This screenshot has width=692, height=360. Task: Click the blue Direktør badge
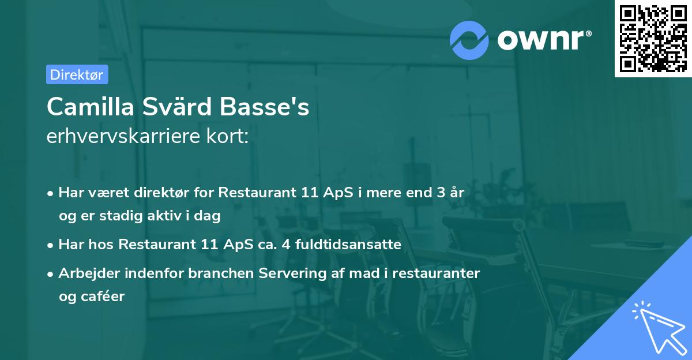[x=77, y=74]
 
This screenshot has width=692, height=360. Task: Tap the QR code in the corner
[x=653, y=39]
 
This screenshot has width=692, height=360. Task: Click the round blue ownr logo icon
[x=469, y=40]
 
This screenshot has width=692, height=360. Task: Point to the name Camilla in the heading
[x=90, y=106]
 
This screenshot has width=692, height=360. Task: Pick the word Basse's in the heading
[x=265, y=106]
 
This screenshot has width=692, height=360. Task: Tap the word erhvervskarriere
[x=123, y=136]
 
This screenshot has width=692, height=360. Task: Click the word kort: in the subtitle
[x=227, y=136]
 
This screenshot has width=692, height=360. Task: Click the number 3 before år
[x=441, y=193]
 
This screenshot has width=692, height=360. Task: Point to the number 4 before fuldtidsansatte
[x=286, y=245]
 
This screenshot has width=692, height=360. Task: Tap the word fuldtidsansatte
[x=348, y=245]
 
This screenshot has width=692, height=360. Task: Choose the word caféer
[x=103, y=297]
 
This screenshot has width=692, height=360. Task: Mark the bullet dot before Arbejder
[x=50, y=274]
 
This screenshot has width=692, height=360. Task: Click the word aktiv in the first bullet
[x=165, y=215]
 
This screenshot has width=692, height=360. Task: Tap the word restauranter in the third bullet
[x=436, y=273]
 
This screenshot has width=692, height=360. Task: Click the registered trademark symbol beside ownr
[x=588, y=33]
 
